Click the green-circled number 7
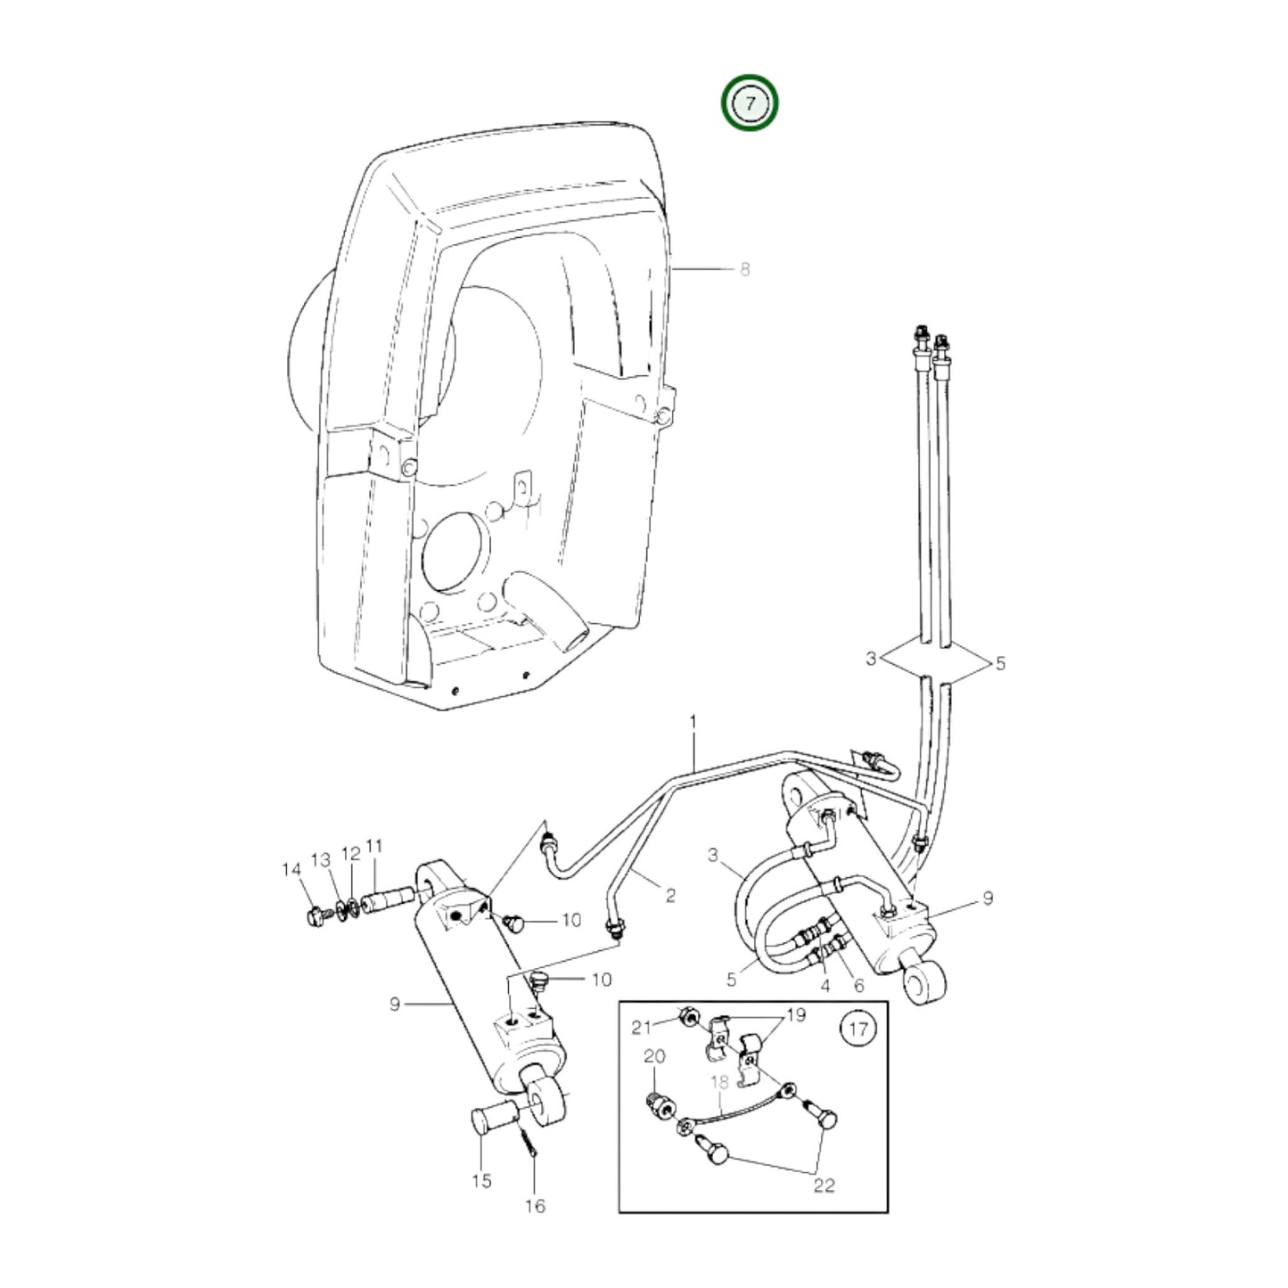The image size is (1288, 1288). (x=750, y=103)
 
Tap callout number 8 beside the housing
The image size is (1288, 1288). (x=744, y=269)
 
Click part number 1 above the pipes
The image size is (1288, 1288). (x=693, y=723)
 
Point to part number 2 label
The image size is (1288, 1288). (x=670, y=895)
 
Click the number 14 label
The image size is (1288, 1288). (x=292, y=870)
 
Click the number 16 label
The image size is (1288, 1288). (x=535, y=1226)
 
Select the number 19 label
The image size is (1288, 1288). (x=796, y=1015)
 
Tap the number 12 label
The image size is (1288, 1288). (x=351, y=854)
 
